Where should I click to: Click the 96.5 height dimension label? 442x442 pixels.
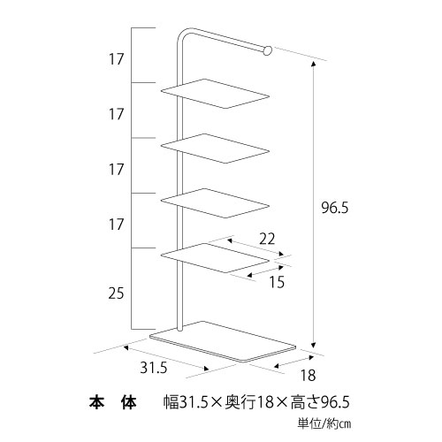tap(335, 208)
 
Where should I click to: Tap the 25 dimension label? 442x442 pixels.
tap(116, 293)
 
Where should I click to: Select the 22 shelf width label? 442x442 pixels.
tap(267, 239)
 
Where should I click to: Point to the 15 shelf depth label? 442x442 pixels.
tap(277, 282)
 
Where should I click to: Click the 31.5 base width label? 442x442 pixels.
tap(154, 368)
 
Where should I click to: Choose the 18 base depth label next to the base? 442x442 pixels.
tap(308, 376)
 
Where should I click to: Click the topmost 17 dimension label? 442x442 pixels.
tap(116, 59)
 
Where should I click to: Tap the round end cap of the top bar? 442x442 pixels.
tap(267, 50)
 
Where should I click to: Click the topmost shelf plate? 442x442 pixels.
tap(215, 94)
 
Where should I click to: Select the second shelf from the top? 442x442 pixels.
tap(215, 149)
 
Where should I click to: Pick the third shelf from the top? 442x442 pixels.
tap(215, 203)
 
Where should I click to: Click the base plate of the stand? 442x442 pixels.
tap(223, 341)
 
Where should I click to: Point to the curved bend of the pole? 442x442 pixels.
tap(182, 33)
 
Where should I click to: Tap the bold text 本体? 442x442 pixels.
tap(113, 402)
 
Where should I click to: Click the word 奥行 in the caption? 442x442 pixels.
tap(240, 402)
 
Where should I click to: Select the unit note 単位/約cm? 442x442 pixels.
tap(324, 424)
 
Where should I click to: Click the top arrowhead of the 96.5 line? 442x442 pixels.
tap(314, 63)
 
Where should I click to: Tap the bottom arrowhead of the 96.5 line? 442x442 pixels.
tap(314, 346)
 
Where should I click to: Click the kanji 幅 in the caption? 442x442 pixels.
tap(171, 402)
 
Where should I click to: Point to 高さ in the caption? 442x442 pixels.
tap(306, 402)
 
